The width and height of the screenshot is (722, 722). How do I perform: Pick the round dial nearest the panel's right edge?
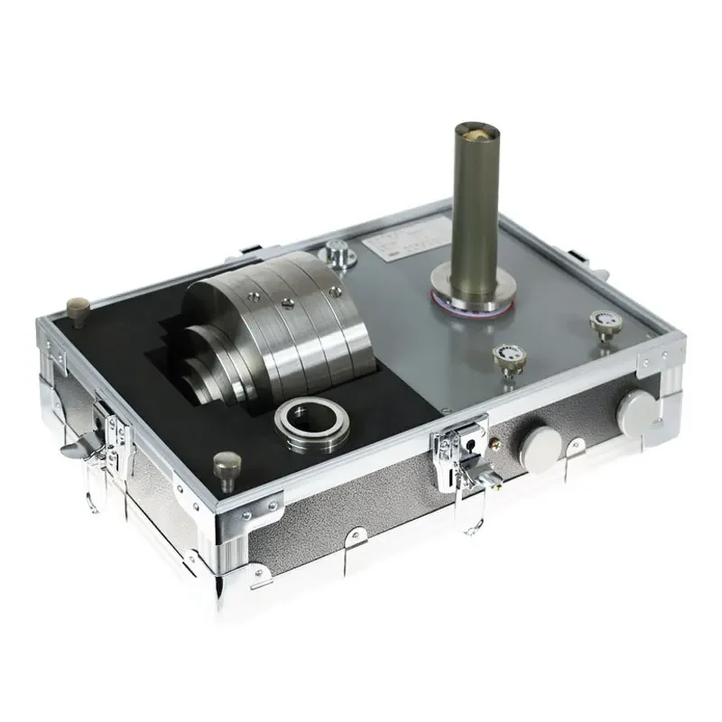[x=601, y=323]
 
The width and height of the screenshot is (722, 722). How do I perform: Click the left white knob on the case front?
[x=540, y=444]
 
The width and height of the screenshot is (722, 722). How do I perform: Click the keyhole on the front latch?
[x=469, y=445]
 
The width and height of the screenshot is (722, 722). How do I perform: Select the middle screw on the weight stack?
[x=285, y=302]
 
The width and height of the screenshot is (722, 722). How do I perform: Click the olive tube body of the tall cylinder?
[x=476, y=208]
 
